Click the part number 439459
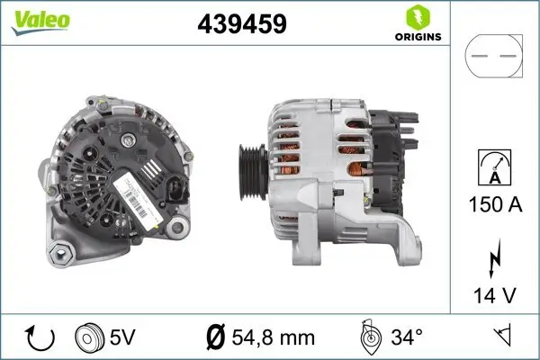click(241, 24)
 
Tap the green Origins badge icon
click(415, 16)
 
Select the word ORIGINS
click(417, 38)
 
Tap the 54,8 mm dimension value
click(273, 338)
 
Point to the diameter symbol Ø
click(215, 338)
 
